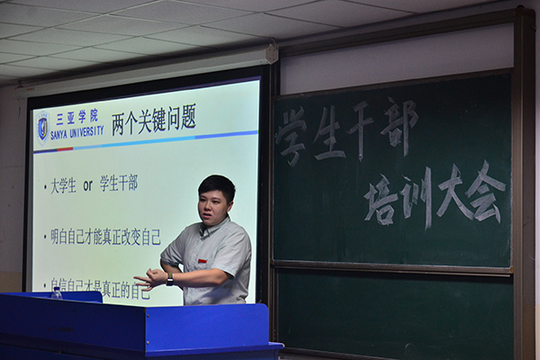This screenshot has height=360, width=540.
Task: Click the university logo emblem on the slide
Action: point(42,127)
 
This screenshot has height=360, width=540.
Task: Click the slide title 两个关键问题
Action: point(153,120)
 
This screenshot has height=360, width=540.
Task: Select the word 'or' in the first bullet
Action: point(88,184)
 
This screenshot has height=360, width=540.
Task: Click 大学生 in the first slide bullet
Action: point(63,185)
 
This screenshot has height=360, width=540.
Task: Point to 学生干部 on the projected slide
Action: point(119,184)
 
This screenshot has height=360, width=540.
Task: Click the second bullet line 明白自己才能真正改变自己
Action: point(105,237)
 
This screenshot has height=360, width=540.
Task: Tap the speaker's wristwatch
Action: point(169,279)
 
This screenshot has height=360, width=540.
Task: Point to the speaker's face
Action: point(215,203)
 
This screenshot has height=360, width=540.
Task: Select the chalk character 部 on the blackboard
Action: point(398,124)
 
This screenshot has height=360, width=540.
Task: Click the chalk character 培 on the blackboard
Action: point(382,198)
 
